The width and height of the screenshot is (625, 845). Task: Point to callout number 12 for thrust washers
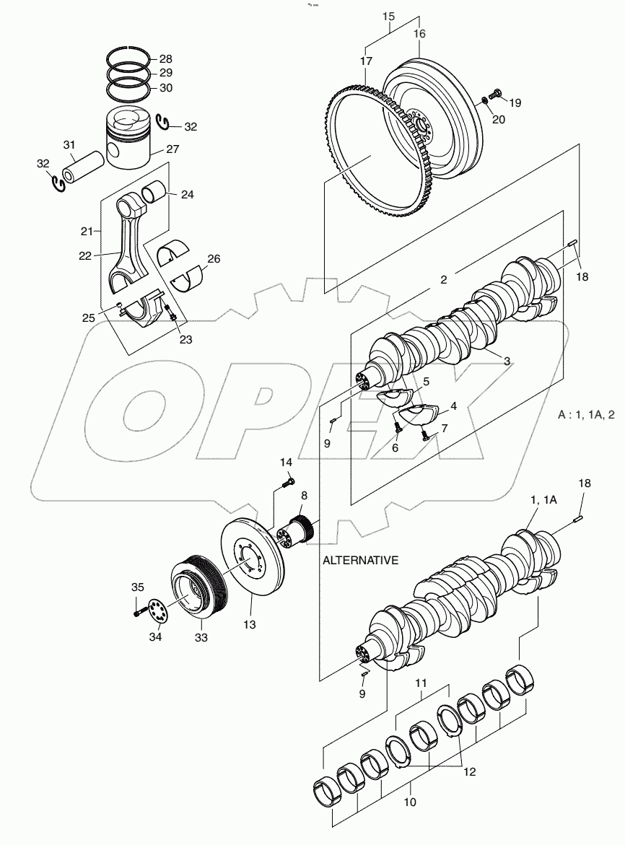coord(469,771)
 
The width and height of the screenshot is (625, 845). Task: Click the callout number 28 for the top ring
coord(166,58)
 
